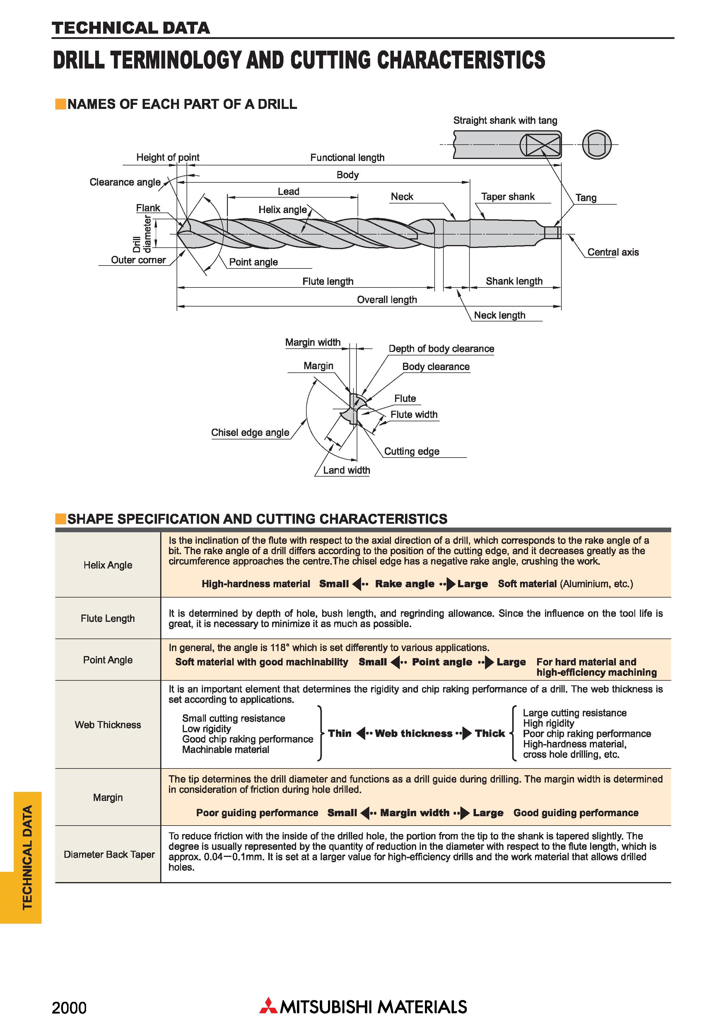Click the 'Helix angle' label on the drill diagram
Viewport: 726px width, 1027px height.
[282, 210]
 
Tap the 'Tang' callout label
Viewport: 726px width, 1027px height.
[585, 198]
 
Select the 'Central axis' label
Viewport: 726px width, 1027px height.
[613, 252]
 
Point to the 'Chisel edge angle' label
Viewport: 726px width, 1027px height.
[250, 432]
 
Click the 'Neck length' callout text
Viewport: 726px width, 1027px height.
[499, 315]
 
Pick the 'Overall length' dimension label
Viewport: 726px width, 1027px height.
[387, 300]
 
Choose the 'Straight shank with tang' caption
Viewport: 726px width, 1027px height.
[505, 120]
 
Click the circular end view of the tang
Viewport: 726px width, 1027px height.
[597, 145]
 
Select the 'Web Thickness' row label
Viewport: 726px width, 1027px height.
[108, 725]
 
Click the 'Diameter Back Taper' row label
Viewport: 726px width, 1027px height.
[109, 854]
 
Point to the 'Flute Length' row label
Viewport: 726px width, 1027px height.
[108, 618]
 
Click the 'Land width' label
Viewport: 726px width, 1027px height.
[347, 470]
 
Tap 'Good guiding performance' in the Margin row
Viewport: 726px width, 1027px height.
[576, 813]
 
